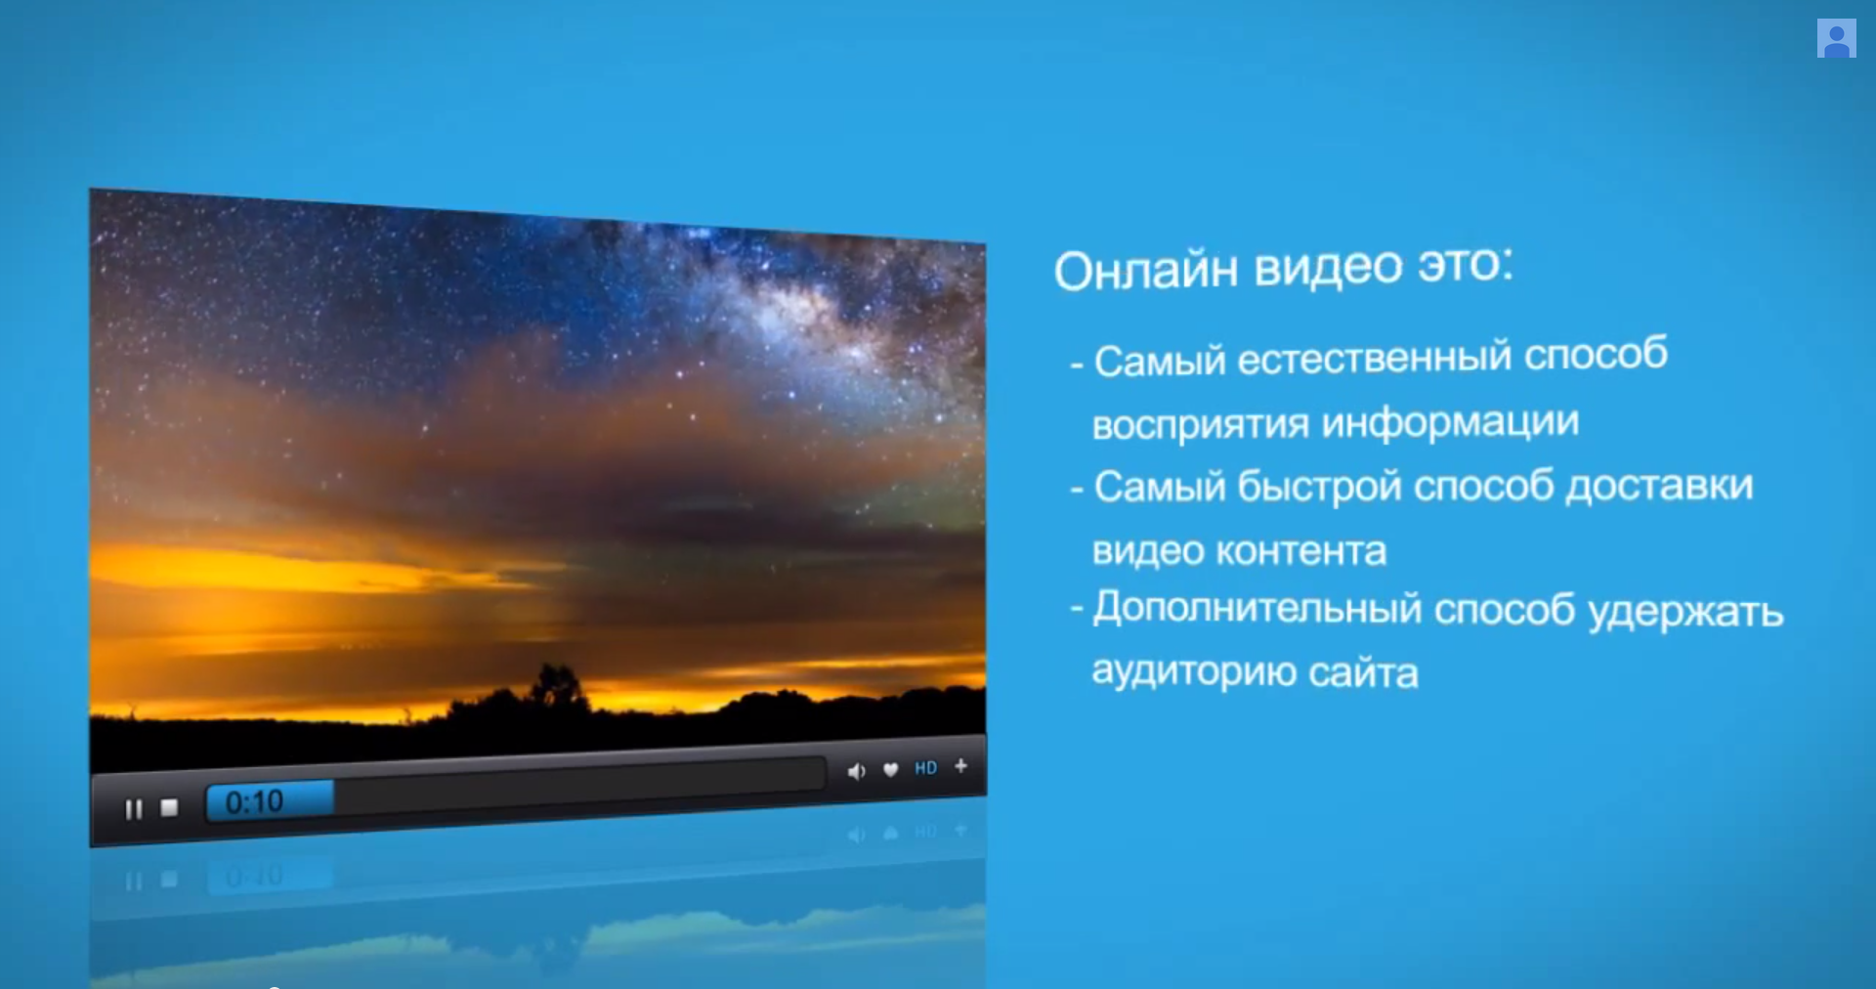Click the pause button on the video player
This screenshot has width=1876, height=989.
[x=134, y=808]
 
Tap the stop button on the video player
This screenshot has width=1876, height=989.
[x=169, y=807]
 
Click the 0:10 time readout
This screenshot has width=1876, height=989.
[x=254, y=802]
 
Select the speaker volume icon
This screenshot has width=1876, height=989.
[x=857, y=771]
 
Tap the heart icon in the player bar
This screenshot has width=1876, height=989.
[x=890, y=770]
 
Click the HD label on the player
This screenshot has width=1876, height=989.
[x=925, y=768]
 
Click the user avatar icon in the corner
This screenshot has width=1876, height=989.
[x=1836, y=38]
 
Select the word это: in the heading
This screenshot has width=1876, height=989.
[x=1466, y=264]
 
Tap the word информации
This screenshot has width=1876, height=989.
[x=1450, y=423]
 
